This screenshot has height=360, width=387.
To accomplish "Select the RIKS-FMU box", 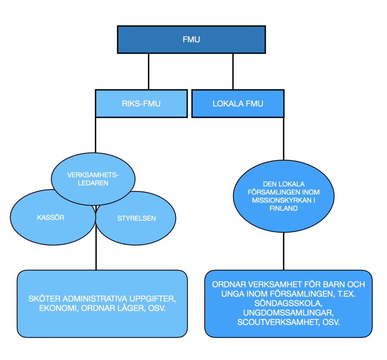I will [141, 104].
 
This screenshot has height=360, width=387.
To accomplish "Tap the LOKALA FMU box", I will [238, 104].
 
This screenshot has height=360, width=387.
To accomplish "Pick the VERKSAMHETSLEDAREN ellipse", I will [93, 179].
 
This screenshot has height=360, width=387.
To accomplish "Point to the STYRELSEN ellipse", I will [136, 218].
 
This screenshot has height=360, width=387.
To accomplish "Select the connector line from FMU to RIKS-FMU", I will [149, 71].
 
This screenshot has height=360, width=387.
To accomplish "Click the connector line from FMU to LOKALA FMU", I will [233, 71].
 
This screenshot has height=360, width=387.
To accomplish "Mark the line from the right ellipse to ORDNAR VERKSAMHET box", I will [283, 251].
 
